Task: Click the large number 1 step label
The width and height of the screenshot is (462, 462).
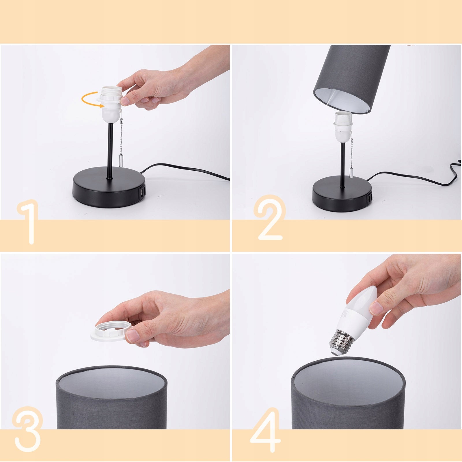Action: click(x=29, y=222)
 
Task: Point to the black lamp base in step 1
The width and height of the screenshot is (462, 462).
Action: click(x=108, y=188)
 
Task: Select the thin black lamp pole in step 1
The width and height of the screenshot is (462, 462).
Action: click(x=110, y=150)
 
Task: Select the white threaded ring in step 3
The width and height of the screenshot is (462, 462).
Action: click(x=111, y=331)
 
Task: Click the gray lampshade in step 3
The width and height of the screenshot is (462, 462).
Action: click(x=111, y=398)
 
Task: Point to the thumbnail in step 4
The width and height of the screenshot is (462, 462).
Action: click(x=376, y=308)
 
